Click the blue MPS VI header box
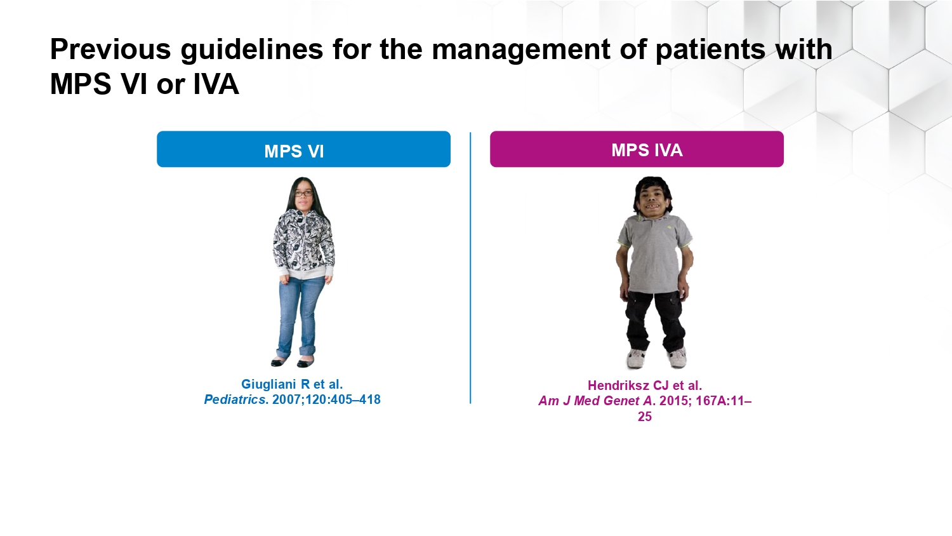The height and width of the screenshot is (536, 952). click(x=303, y=149)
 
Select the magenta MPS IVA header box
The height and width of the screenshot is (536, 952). click(x=637, y=149)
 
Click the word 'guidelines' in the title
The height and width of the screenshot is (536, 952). click(x=251, y=50)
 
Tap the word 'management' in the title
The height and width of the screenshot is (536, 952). click(x=521, y=50)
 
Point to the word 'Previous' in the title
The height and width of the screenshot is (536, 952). click(x=110, y=49)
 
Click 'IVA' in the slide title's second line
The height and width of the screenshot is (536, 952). click(x=216, y=84)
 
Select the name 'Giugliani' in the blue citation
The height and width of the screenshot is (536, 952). click(x=268, y=385)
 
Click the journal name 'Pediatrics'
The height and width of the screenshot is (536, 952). click(x=235, y=399)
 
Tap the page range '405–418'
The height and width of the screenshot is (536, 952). click(x=354, y=399)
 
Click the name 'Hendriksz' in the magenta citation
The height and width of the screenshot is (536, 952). click(x=618, y=385)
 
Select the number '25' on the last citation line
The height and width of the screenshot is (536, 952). click(x=645, y=417)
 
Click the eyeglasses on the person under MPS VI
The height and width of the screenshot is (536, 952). click(x=303, y=194)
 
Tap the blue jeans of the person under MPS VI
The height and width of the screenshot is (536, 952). click(x=300, y=318)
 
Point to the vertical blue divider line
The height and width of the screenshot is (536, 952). click(x=470, y=267)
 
